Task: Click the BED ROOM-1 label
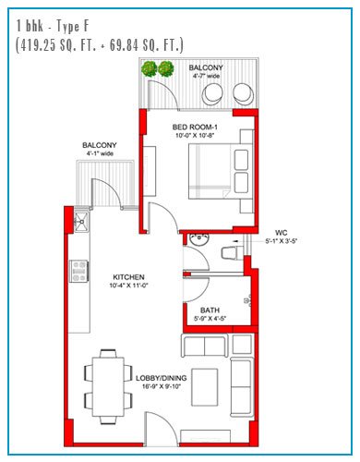(x=195, y=127)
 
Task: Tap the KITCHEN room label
(x=128, y=277)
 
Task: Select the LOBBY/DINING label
(x=162, y=378)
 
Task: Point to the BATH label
(x=210, y=310)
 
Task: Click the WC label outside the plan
(x=282, y=233)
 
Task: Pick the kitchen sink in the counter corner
(x=81, y=221)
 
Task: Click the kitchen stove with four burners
(x=79, y=272)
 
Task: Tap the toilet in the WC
(x=232, y=252)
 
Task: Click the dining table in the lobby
(x=108, y=386)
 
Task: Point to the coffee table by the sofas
(x=205, y=387)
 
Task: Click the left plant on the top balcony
(x=150, y=69)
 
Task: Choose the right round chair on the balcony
(x=244, y=93)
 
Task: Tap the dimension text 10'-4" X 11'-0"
(x=128, y=286)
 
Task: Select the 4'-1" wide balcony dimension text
(x=99, y=153)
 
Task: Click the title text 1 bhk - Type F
(x=53, y=26)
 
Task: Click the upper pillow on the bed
(x=241, y=160)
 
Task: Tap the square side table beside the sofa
(x=242, y=344)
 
